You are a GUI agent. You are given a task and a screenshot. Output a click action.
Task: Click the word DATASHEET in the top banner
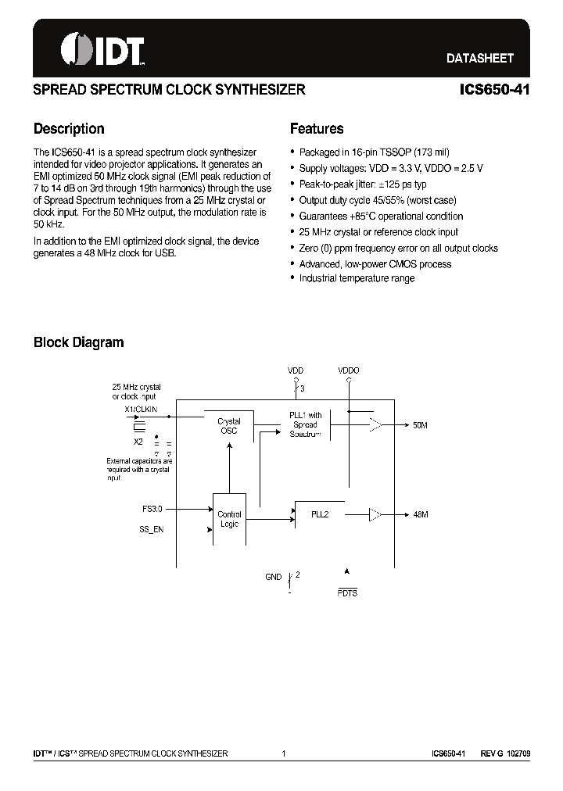coord(479,58)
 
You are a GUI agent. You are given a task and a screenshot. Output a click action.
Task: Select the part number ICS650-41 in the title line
coord(494,90)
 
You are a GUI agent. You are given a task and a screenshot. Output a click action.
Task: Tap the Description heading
coord(69,129)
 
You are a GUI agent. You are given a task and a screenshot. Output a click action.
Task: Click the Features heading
coord(316,129)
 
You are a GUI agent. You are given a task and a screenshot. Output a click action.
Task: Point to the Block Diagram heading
coord(78,342)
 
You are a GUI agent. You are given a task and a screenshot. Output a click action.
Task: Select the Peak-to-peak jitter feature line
coord(362,184)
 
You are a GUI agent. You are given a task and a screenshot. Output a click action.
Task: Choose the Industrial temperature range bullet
coord(357,279)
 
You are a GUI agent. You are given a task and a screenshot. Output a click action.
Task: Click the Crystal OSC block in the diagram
coord(229,426)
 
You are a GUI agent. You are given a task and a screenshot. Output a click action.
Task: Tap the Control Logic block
coord(229,519)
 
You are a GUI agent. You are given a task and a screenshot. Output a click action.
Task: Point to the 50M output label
coord(420,425)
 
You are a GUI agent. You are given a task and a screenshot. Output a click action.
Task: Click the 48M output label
coord(420,515)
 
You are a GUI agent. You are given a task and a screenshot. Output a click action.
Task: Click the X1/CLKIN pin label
coord(141,409)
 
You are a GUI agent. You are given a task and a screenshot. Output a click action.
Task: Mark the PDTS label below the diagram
coord(347,593)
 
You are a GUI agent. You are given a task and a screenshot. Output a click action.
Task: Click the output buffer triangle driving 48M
coord(376,515)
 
